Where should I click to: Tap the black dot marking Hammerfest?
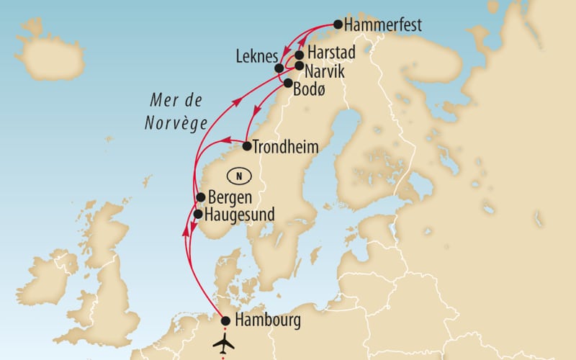click(x=336, y=25)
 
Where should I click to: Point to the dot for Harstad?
click(x=299, y=55)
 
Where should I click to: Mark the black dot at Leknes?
click(x=279, y=68)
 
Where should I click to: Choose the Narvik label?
click(x=326, y=72)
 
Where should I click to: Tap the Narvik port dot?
click(x=299, y=66)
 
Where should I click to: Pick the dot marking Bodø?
click(x=289, y=84)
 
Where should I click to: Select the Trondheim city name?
click(x=286, y=146)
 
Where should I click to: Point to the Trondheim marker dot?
click(x=246, y=146)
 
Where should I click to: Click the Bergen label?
click(x=230, y=197)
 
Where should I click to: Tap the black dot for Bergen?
click(x=201, y=197)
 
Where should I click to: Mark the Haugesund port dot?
click(x=198, y=214)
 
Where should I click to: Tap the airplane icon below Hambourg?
click(x=225, y=340)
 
